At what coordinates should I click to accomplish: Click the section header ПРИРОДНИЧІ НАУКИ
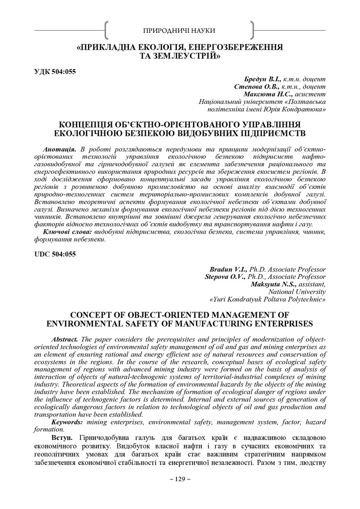click(180, 31)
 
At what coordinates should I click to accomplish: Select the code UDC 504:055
click(55, 254)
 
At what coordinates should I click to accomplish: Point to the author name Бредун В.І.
click(263, 80)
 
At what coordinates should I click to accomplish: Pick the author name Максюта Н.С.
click(261, 93)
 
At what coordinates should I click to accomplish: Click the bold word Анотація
click(60, 150)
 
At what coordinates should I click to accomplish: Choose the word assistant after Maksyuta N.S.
click(311, 284)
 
